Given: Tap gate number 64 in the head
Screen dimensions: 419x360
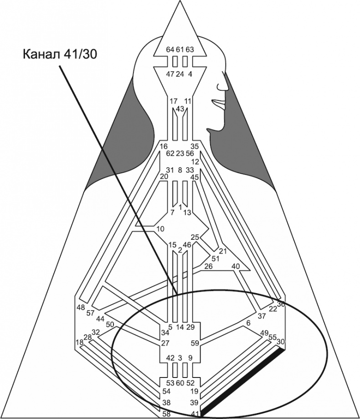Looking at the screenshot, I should pos(170,49).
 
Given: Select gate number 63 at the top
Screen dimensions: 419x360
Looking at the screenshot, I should pos(190,49).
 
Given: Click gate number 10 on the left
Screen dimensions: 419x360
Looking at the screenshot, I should pos(160,228).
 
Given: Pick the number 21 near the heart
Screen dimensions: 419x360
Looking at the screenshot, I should pos(222,251).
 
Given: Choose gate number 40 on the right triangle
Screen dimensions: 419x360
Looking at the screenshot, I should pos(236,266).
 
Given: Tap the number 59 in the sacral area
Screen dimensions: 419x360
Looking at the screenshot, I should pos(195,343).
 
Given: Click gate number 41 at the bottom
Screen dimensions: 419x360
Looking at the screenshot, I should pos(195,414).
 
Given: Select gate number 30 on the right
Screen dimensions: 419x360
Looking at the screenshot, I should pos(281,341).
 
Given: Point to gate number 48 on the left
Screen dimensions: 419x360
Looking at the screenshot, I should pos(81,307).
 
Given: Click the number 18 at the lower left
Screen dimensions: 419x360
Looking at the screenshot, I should pos(80,342).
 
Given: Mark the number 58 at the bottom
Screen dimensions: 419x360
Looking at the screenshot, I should pos(167,414).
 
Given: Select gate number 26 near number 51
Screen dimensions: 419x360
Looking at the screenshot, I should pos(208,266).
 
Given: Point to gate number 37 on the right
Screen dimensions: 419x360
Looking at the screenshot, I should pos(262,316).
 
